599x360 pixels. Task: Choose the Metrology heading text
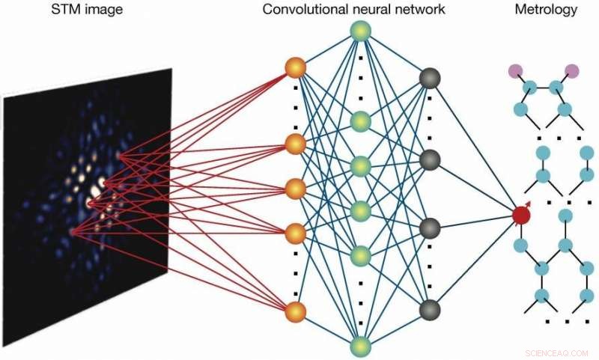click(546, 10)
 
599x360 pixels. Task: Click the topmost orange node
click(296, 69)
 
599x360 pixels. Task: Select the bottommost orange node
click(296, 311)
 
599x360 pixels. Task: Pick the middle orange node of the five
click(296, 187)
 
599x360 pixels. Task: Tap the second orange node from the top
click(296, 144)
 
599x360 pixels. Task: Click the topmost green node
click(361, 31)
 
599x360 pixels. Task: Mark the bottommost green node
click(361, 346)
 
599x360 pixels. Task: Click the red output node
click(522, 216)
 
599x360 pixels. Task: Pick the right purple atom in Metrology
click(572, 71)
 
